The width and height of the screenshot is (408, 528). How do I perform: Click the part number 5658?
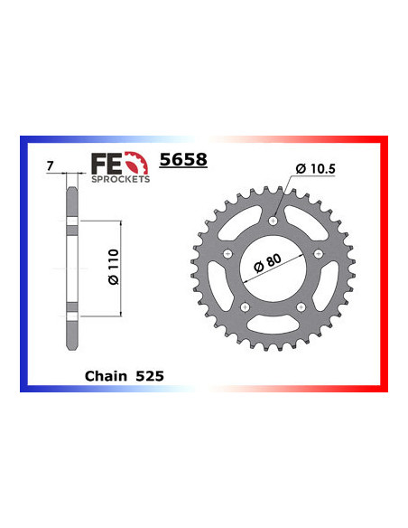(x=183, y=160)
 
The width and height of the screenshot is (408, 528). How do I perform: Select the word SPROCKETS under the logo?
(x=119, y=179)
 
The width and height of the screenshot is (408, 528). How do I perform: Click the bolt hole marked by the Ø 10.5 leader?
(x=274, y=220)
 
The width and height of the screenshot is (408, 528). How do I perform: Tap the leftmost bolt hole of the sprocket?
(x=227, y=253)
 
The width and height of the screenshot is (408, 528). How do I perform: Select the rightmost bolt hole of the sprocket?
(x=320, y=253)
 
